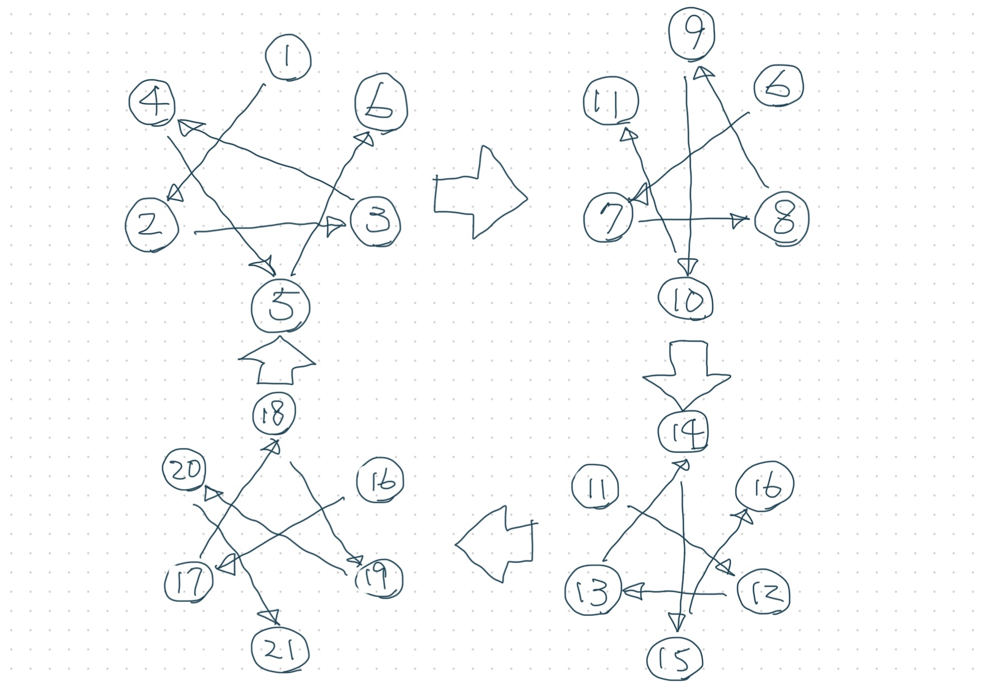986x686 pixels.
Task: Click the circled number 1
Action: click(x=288, y=58)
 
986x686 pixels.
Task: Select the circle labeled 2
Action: click(x=152, y=225)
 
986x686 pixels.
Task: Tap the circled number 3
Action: click(x=376, y=221)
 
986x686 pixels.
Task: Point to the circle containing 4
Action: click(x=152, y=103)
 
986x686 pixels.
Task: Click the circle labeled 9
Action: click(x=693, y=34)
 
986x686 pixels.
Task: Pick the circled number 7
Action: click(x=608, y=216)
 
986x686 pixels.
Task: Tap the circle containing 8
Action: click(x=782, y=219)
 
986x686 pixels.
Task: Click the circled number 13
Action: click(x=593, y=590)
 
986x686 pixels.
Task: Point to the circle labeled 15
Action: click(x=675, y=660)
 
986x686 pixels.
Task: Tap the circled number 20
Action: click(x=184, y=470)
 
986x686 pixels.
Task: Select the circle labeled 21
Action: click(x=280, y=650)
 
